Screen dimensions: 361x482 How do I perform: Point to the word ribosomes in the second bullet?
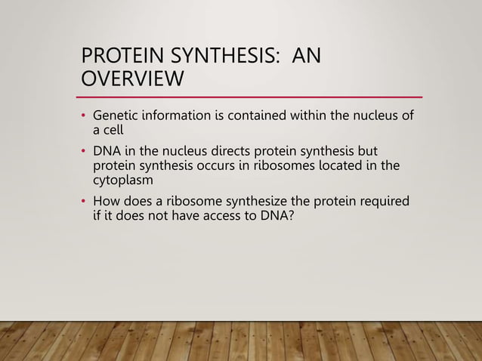[x=291, y=165]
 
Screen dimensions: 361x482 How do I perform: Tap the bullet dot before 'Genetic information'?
[x=85, y=116]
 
